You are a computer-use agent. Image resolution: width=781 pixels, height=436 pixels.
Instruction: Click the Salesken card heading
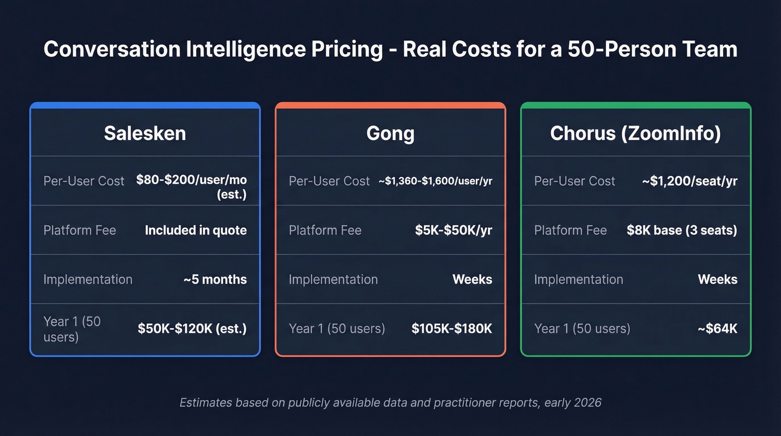[145, 133]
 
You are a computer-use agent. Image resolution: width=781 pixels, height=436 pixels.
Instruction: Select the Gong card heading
[390, 133]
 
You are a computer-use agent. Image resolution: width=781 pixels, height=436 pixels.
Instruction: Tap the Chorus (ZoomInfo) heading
[635, 133]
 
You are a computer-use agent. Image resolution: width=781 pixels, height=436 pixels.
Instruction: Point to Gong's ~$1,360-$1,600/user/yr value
[435, 181]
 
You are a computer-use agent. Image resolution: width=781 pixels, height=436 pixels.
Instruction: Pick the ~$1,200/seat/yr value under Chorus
[690, 181]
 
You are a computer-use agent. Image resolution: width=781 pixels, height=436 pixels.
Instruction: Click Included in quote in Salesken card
[196, 230]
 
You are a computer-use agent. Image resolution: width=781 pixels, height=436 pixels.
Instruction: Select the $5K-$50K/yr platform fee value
[454, 230]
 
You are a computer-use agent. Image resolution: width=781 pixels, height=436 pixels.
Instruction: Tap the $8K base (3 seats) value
[682, 230]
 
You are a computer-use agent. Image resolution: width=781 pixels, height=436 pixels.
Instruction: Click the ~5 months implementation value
[215, 279]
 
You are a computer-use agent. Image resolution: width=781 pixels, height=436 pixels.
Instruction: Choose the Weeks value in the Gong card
[473, 279]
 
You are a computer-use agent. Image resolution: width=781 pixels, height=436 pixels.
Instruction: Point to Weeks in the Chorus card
[717, 279]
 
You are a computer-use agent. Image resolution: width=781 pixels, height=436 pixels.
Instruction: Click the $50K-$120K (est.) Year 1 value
[192, 329]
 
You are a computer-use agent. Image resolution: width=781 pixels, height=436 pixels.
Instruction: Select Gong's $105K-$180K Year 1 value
[452, 329]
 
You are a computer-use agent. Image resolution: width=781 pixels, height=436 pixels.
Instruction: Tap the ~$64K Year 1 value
[717, 329]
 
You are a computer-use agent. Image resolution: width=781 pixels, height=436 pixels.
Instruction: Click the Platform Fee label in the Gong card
[325, 230]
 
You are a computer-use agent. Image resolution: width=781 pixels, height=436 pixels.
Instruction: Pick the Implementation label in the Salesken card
[88, 279]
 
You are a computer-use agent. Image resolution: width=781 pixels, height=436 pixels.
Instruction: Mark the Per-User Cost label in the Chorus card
[575, 181]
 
